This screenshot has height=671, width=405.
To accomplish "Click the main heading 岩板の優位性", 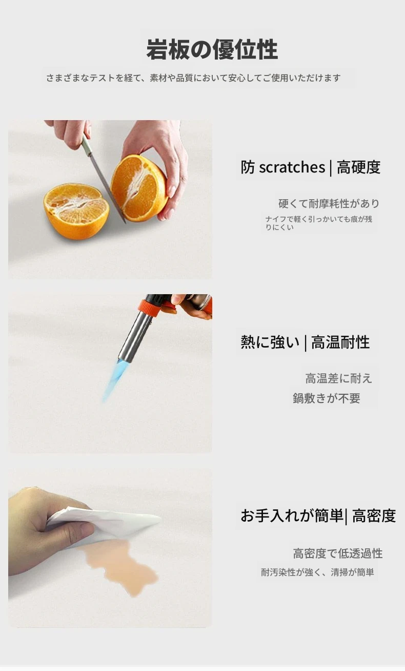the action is [212, 49].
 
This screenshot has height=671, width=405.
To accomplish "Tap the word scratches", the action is [292, 167].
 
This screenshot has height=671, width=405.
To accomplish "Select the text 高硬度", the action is [359, 167].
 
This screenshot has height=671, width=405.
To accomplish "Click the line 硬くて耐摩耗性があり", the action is [329, 204].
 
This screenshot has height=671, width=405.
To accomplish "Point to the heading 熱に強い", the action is [270, 342].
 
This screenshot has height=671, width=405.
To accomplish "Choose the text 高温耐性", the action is [340, 342].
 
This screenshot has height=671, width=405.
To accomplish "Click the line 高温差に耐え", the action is [338, 378].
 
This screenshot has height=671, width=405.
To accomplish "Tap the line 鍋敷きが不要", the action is [327, 398].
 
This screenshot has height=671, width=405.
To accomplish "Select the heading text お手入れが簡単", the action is [292, 515].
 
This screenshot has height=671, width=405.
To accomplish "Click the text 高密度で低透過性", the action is [338, 553].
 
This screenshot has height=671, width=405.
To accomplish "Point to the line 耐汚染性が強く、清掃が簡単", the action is [317, 572].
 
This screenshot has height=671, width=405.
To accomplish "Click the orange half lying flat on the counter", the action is [76, 211].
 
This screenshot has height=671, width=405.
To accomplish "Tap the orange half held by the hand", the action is [138, 188].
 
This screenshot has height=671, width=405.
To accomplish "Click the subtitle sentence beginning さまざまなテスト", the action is [193, 78].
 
